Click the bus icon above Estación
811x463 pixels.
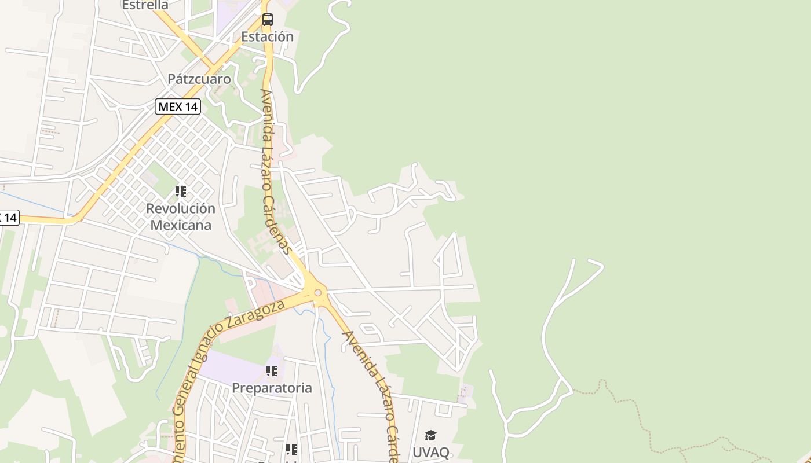tap(267, 19)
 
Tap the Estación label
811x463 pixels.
tap(267, 36)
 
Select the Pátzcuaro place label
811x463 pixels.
tap(199, 79)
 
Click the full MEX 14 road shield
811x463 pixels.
tap(178, 106)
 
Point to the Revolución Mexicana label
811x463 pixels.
tap(181, 216)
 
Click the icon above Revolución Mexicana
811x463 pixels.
tap(181, 191)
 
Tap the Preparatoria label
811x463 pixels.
tap(272, 388)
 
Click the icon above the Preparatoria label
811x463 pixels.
tap(271, 371)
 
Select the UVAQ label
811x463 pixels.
tap(430, 452)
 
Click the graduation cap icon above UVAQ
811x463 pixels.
tap(430, 435)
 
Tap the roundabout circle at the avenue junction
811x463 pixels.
tap(317, 292)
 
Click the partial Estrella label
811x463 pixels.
tap(145, 5)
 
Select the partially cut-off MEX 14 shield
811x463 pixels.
tap(8, 218)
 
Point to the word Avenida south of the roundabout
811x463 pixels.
tap(356, 349)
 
